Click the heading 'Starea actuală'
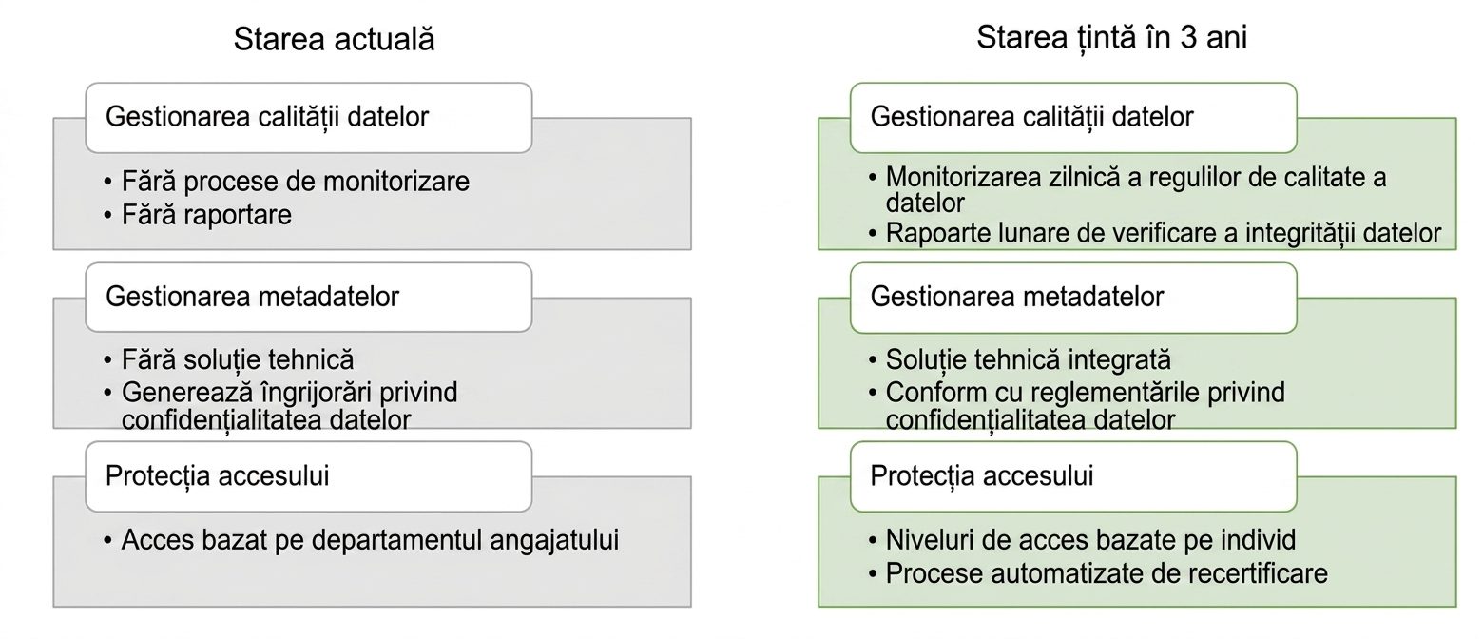(335, 38)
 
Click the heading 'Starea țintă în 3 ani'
(1111, 37)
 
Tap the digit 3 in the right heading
(1188, 37)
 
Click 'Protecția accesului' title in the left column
(217, 476)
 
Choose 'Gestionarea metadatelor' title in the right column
(1017, 297)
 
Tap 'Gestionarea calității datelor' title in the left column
(267, 117)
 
